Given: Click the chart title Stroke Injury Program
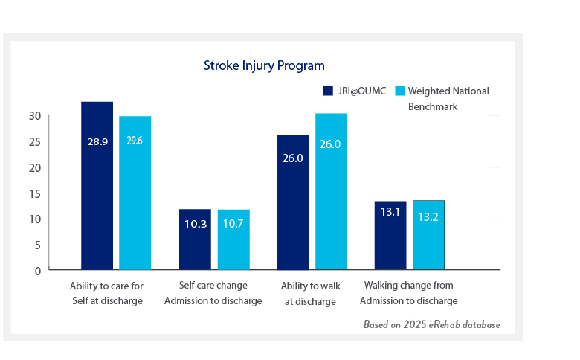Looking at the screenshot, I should (264, 65).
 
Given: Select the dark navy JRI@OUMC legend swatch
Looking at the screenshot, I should (327, 91).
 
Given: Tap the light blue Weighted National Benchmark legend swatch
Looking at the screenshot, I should (399, 91).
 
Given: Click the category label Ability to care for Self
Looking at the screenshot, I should (106, 293).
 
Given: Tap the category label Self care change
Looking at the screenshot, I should (213, 293).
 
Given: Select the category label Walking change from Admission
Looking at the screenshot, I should (408, 293).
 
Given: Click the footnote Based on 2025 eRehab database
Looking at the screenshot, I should (431, 325).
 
